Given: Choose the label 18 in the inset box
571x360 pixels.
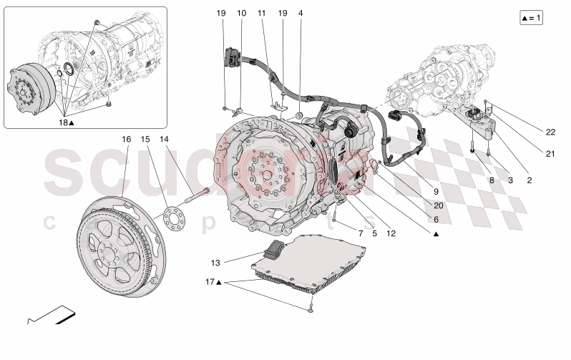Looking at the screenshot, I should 65,122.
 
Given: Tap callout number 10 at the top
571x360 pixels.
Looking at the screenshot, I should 241,13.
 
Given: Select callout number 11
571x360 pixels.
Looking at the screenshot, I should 261,13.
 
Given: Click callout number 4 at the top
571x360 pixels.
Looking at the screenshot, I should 301,13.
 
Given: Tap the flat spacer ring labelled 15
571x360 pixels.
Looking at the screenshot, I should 170,214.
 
